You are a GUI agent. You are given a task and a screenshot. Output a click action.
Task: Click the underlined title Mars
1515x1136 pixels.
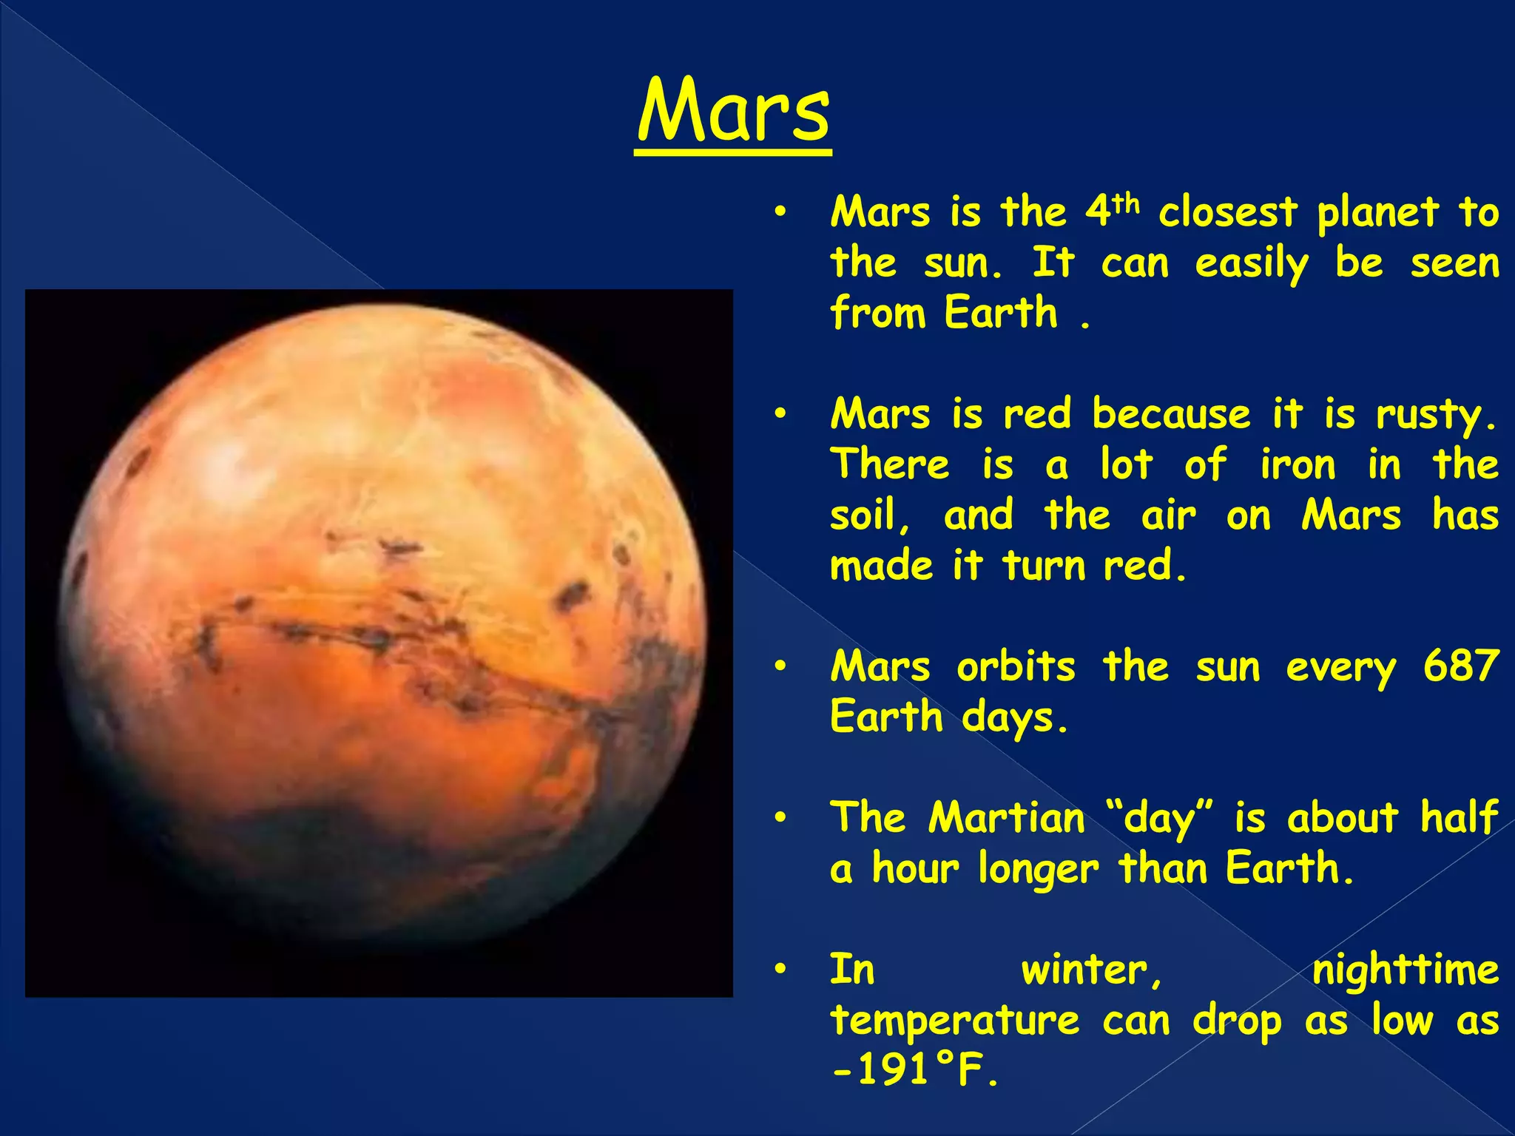[733, 112]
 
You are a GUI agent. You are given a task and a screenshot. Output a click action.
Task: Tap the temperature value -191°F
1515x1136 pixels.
[914, 1069]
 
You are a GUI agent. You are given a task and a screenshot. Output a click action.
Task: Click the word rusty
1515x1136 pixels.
[1434, 415]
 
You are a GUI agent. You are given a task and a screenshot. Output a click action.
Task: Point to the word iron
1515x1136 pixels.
[1298, 465]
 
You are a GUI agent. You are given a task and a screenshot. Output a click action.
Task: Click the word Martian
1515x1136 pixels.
[1007, 818]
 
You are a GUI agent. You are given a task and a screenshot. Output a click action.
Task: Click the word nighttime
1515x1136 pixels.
[1405, 970]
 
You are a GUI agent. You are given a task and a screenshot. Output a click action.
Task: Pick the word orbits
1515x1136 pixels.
[1016, 666]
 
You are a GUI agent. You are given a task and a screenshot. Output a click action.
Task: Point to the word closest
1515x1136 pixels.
[1227, 213]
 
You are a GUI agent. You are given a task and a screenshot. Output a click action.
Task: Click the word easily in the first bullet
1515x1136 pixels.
[1252, 264]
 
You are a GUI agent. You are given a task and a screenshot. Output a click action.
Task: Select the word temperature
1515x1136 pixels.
[954, 1021]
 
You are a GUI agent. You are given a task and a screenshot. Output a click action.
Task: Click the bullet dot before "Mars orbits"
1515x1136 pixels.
[779, 666]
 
